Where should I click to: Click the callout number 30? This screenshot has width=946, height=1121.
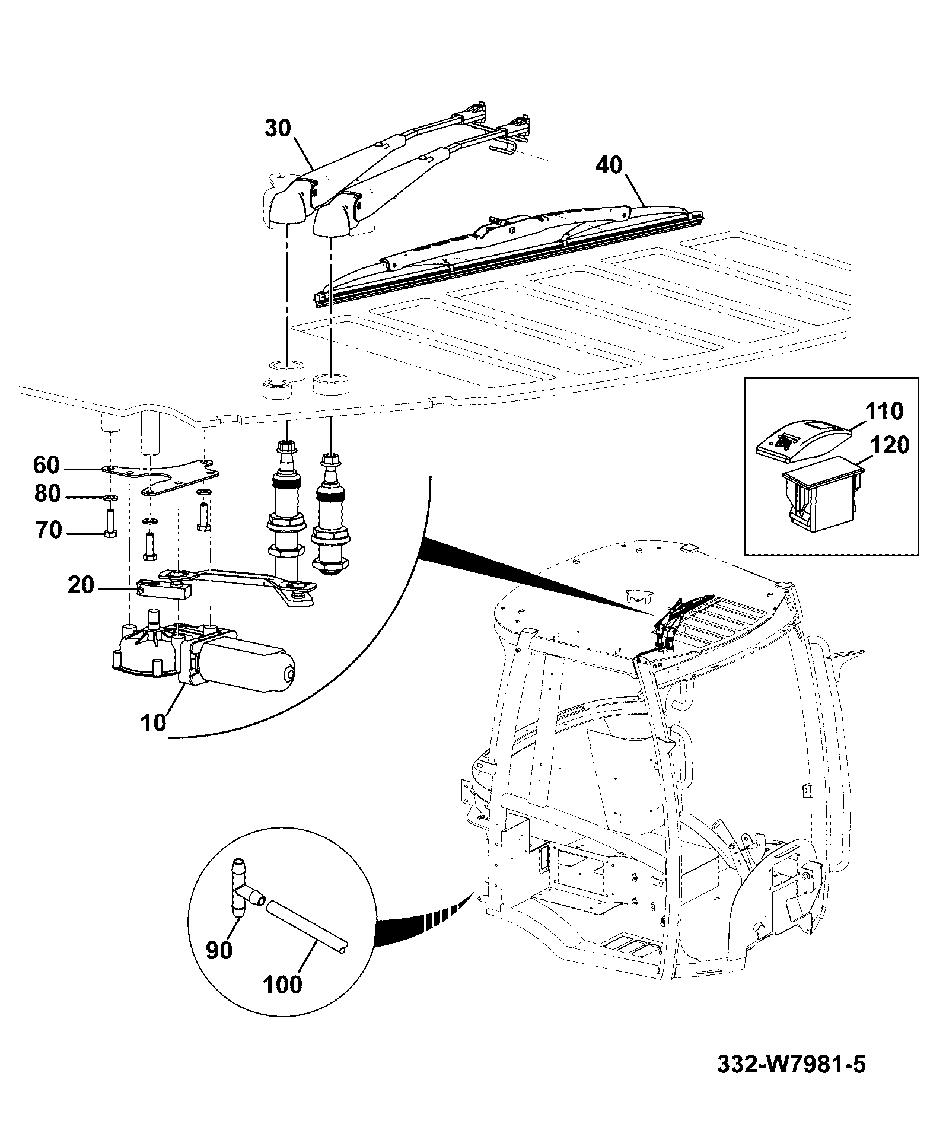(x=279, y=129)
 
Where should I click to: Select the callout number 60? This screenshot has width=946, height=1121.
(x=46, y=466)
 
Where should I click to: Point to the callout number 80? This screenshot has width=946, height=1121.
(x=47, y=493)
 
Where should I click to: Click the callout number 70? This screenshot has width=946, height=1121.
(x=47, y=530)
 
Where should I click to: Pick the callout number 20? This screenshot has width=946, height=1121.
(x=81, y=585)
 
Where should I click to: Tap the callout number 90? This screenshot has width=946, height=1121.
(x=220, y=950)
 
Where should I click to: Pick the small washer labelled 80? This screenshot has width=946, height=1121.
(x=111, y=496)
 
